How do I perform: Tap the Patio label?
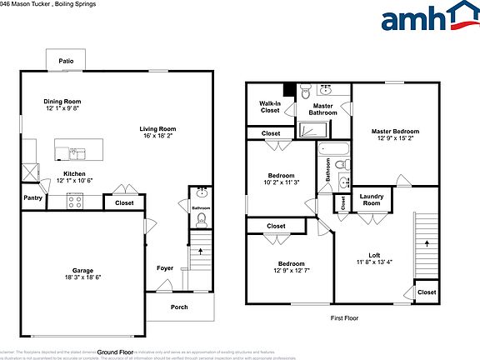65,62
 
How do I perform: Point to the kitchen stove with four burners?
75,200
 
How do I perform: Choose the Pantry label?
33,198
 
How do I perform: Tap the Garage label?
82,269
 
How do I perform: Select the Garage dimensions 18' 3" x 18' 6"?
82,277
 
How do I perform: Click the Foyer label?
165,268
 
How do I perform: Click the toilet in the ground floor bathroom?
200,220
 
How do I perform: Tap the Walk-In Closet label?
270,107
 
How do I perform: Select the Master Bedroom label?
395,132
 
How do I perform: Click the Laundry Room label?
371,199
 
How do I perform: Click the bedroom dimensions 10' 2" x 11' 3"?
281,183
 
